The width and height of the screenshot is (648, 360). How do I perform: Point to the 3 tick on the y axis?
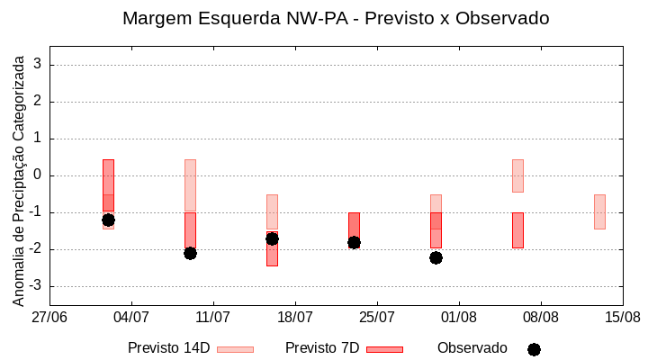click(38, 65)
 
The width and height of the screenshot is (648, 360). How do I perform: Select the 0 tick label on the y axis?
click(38, 175)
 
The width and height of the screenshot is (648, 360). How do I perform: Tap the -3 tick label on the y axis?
click(35, 286)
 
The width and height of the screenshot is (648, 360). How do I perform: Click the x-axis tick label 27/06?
click(49, 317)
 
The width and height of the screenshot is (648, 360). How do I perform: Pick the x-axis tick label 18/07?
click(295, 317)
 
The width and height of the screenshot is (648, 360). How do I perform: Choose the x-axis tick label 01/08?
click(459, 317)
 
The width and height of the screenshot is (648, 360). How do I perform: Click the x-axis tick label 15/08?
click(622, 317)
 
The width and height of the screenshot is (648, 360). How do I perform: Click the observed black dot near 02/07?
click(108, 220)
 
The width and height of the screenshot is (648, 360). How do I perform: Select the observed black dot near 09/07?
click(190, 253)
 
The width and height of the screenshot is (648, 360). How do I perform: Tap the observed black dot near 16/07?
click(272, 238)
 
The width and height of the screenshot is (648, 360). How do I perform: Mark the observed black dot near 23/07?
click(354, 242)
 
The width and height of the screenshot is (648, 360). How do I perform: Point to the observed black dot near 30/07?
click(436, 257)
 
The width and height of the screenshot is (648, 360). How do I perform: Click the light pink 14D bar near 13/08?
click(599, 211)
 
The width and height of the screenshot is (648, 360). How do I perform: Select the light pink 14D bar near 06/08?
click(517, 175)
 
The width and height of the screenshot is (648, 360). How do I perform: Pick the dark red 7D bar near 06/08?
click(517, 230)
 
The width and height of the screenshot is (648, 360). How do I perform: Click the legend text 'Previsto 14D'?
click(168, 348)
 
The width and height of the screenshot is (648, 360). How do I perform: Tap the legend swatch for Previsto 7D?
click(384, 349)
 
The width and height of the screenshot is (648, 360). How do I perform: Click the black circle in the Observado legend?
click(534, 349)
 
